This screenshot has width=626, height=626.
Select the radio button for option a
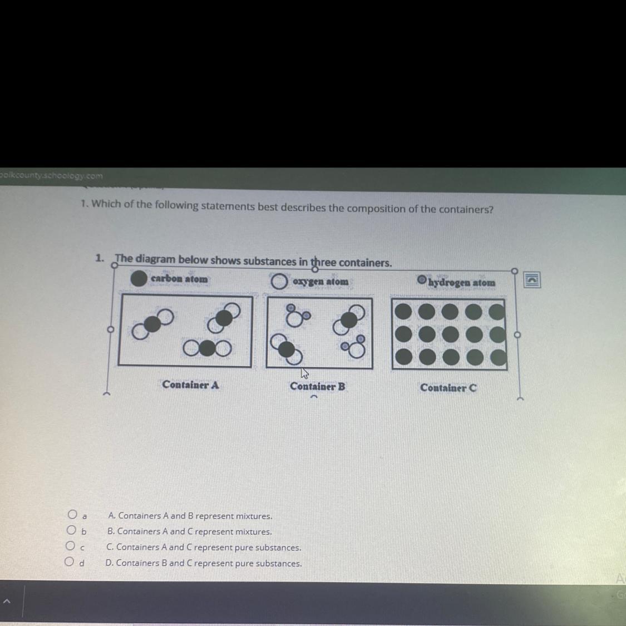pyautogui.click(x=72, y=514)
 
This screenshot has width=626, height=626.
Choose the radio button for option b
pyautogui.click(x=71, y=530)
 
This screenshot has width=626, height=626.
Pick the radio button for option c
pyautogui.click(x=70, y=545)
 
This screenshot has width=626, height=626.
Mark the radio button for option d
pyautogui.click(x=70, y=561)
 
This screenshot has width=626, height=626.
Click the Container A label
pyautogui.click(x=190, y=385)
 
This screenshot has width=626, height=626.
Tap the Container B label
pyautogui.click(x=317, y=387)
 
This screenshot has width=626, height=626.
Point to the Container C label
pyautogui.click(x=448, y=388)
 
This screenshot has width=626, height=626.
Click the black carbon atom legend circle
pyautogui.click(x=139, y=278)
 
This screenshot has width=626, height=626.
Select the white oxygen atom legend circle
pyautogui.click(x=279, y=282)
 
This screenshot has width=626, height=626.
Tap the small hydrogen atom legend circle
pyautogui.click(x=422, y=279)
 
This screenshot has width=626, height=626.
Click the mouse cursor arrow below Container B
pyautogui.click(x=304, y=374)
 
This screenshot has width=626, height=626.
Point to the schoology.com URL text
pyautogui.click(x=51, y=176)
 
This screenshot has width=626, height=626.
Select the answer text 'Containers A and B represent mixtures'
pyautogui.click(x=190, y=516)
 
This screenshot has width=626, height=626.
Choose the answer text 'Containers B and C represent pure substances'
pyautogui.click(x=204, y=563)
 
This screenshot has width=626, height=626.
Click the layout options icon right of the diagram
pyautogui.click(x=532, y=280)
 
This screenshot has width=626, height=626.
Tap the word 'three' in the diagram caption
pyautogui.click(x=323, y=262)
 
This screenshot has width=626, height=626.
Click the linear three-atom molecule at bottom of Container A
pyautogui.click(x=207, y=348)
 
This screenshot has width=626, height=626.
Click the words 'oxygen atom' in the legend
pyautogui.click(x=321, y=282)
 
